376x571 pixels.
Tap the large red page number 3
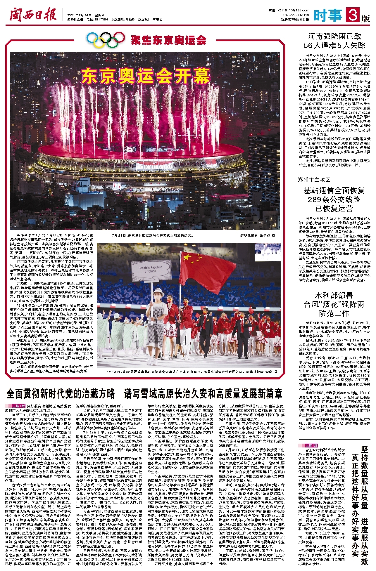(x=353, y=15)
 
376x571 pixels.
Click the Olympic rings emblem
(x=106, y=39)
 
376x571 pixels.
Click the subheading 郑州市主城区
(x=314, y=179)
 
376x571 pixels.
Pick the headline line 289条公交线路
(x=334, y=199)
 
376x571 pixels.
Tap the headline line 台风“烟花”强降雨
(x=334, y=304)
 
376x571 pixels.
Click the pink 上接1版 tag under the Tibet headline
(x=19, y=406)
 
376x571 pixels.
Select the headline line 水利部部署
(x=334, y=295)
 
